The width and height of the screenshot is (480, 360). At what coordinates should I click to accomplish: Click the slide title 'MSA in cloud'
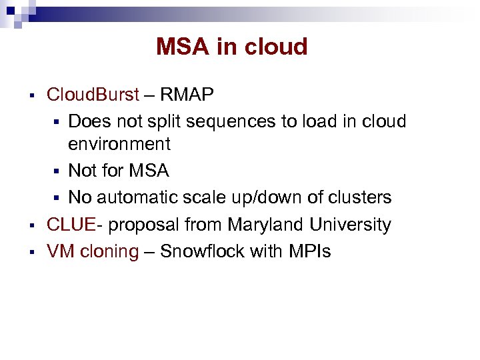[x=231, y=47]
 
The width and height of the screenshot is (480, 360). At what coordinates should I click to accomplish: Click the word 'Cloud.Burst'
[x=93, y=95]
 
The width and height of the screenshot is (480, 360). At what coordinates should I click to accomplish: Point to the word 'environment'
[x=119, y=144]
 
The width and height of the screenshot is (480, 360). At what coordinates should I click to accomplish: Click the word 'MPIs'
[x=308, y=252]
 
